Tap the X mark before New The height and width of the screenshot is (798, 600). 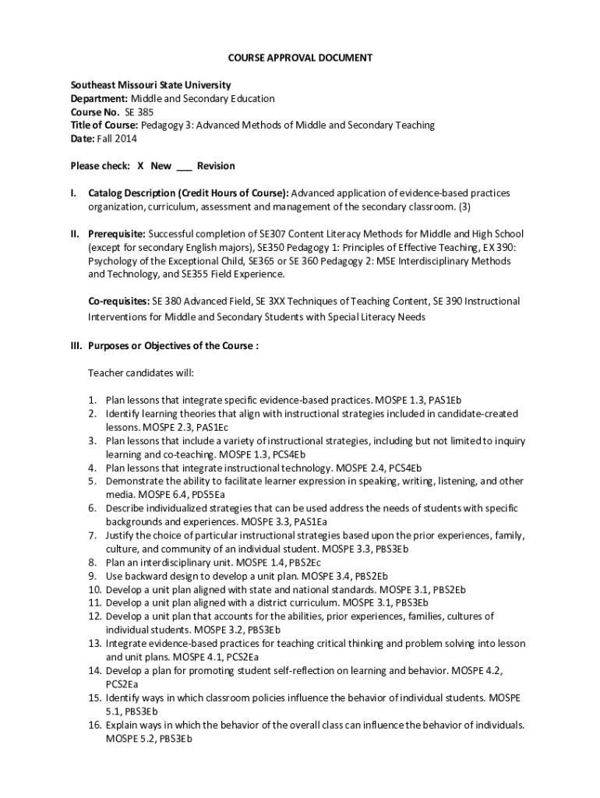pyautogui.click(x=140, y=166)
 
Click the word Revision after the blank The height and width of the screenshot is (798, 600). pyautogui.click(x=216, y=166)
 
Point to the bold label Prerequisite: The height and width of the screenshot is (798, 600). pyautogui.click(x=117, y=234)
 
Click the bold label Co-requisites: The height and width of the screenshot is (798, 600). pyautogui.click(x=119, y=301)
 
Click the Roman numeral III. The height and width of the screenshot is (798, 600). pyautogui.click(x=76, y=346)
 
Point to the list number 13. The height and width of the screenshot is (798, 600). pyautogui.click(x=94, y=644)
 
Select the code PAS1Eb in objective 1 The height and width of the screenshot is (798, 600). pyautogui.click(x=445, y=400)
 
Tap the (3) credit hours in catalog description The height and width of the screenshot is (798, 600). pyautogui.click(x=464, y=207)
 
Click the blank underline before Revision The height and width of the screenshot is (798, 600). pyautogui.click(x=185, y=168)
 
